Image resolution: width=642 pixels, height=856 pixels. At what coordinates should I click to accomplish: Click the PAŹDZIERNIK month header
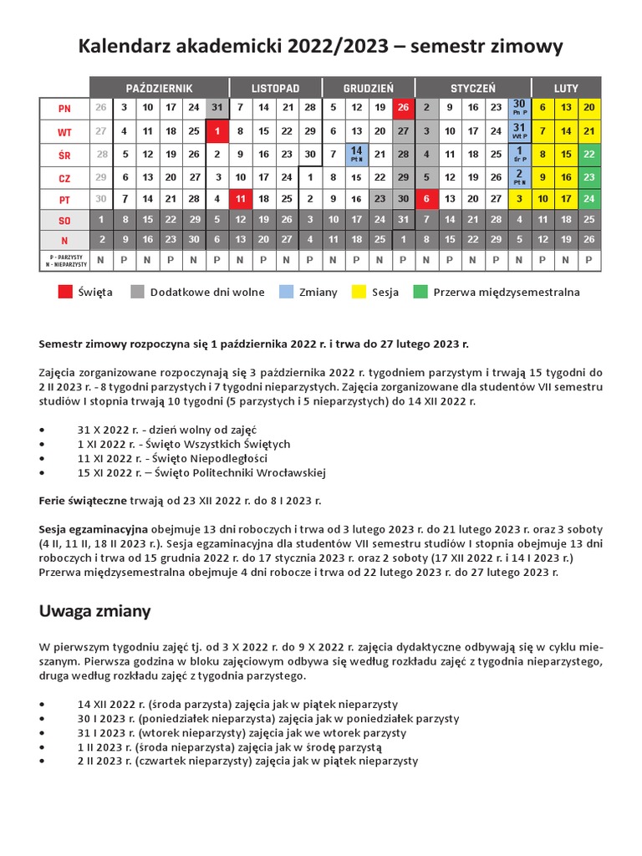159,87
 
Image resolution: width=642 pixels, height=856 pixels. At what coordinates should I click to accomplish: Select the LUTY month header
566,87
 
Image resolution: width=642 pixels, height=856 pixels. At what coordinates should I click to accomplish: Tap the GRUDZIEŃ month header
368,87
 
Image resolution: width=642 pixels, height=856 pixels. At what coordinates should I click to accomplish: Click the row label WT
64,131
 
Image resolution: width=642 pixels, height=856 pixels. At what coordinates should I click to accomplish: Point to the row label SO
64,220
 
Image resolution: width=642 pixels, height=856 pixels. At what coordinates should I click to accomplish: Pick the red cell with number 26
403,108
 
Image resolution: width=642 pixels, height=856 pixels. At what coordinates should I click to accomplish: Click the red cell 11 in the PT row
240,198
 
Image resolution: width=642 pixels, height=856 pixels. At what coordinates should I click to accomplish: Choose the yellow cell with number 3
519,198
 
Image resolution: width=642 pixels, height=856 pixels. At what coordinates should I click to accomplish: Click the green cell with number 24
589,198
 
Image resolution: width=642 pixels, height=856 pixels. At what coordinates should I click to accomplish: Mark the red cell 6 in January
426,198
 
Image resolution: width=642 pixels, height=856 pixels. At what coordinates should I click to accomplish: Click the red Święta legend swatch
64,292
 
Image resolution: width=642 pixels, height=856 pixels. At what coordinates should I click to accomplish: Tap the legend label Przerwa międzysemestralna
506,293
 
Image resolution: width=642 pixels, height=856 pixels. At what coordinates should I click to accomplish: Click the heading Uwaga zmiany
95,611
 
